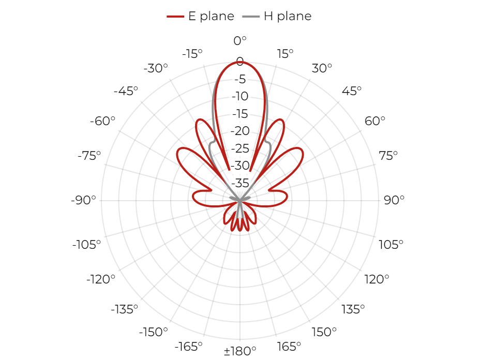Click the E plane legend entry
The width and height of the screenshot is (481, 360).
click(x=200, y=16)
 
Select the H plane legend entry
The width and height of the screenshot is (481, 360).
click(x=277, y=16)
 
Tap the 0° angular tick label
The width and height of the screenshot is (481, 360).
click(x=240, y=41)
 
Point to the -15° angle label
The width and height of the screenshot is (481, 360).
click(x=192, y=54)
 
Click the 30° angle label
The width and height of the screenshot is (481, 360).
click(x=322, y=68)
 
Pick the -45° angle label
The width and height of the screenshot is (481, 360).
click(x=126, y=91)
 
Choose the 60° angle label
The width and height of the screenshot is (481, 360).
click(x=374, y=121)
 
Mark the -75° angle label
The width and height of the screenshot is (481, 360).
click(x=89, y=156)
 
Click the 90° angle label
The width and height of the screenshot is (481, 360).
click(x=394, y=200)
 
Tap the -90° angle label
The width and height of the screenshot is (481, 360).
click(x=83, y=200)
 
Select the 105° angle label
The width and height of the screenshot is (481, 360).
click(x=391, y=245)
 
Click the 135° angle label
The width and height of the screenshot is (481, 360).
click(x=353, y=309)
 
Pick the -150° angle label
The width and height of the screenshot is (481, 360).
click(x=154, y=332)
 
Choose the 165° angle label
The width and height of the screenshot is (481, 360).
click(x=289, y=347)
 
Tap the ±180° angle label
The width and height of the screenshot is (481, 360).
click(x=240, y=351)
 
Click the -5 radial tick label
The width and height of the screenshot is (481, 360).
click(x=240, y=80)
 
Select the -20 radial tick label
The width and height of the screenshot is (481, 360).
click(x=240, y=131)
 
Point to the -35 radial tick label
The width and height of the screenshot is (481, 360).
click(x=240, y=184)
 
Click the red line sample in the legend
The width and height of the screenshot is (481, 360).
click(x=175, y=17)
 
